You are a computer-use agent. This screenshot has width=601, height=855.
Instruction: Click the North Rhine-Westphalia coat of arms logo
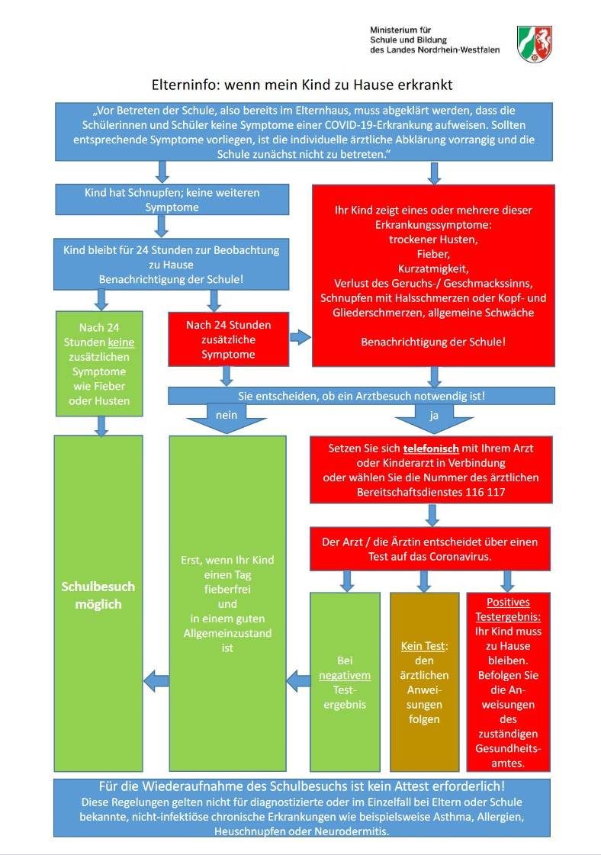pos(534,43)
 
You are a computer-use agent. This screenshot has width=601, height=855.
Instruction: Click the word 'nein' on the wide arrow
pos(227,414)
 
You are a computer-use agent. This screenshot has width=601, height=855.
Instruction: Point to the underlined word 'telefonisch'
pos(415,448)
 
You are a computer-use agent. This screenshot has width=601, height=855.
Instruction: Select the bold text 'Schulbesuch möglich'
pos(98,595)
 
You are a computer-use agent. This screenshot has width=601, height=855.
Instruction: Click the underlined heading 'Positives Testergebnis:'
pos(508,608)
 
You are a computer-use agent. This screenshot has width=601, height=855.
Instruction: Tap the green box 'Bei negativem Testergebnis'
pos(344,681)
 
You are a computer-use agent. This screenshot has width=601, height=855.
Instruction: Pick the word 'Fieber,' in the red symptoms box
pos(432,252)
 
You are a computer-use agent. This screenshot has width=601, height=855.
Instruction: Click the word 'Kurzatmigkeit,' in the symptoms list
pos(432,268)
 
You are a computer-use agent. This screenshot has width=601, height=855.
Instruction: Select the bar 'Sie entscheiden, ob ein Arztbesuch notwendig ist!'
pos(362,396)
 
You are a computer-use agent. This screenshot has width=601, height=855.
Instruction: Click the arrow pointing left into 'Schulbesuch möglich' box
pos(156,678)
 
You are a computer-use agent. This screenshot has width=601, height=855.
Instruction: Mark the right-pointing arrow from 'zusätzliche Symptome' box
pos(300,336)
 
